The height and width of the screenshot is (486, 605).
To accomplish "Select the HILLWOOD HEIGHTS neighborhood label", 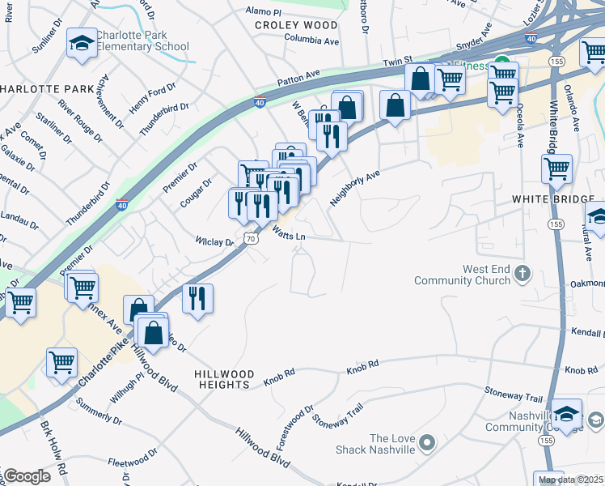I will (x=225, y=379).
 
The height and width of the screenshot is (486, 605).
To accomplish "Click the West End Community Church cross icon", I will (x=522, y=274).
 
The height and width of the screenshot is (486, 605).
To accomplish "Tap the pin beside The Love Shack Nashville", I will (x=428, y=443).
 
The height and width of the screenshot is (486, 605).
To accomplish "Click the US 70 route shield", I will (x=252, y=239).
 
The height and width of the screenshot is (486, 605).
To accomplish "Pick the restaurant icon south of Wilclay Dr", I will (x=197, y=298).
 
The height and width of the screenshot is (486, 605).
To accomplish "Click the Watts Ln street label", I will (x=288, y=235).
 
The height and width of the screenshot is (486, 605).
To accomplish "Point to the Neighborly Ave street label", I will (x=354, y=188).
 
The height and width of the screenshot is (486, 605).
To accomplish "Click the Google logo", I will (x=26, y=476).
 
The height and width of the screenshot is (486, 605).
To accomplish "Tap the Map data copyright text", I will (x=570, y=480).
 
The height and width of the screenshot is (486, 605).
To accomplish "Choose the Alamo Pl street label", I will (x=264, y=13).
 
